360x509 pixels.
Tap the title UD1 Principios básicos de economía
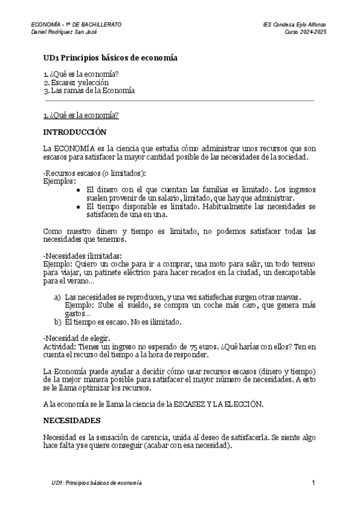click(110, 58)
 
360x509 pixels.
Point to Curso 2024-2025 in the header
click(305, 31)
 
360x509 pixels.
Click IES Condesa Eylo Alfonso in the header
click(294, 24)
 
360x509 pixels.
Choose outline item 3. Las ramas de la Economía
click(89, 91)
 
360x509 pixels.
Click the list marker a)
click(58, 297)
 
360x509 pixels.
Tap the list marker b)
click(58, 322)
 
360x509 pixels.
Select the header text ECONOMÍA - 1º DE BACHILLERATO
click(76, 24)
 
